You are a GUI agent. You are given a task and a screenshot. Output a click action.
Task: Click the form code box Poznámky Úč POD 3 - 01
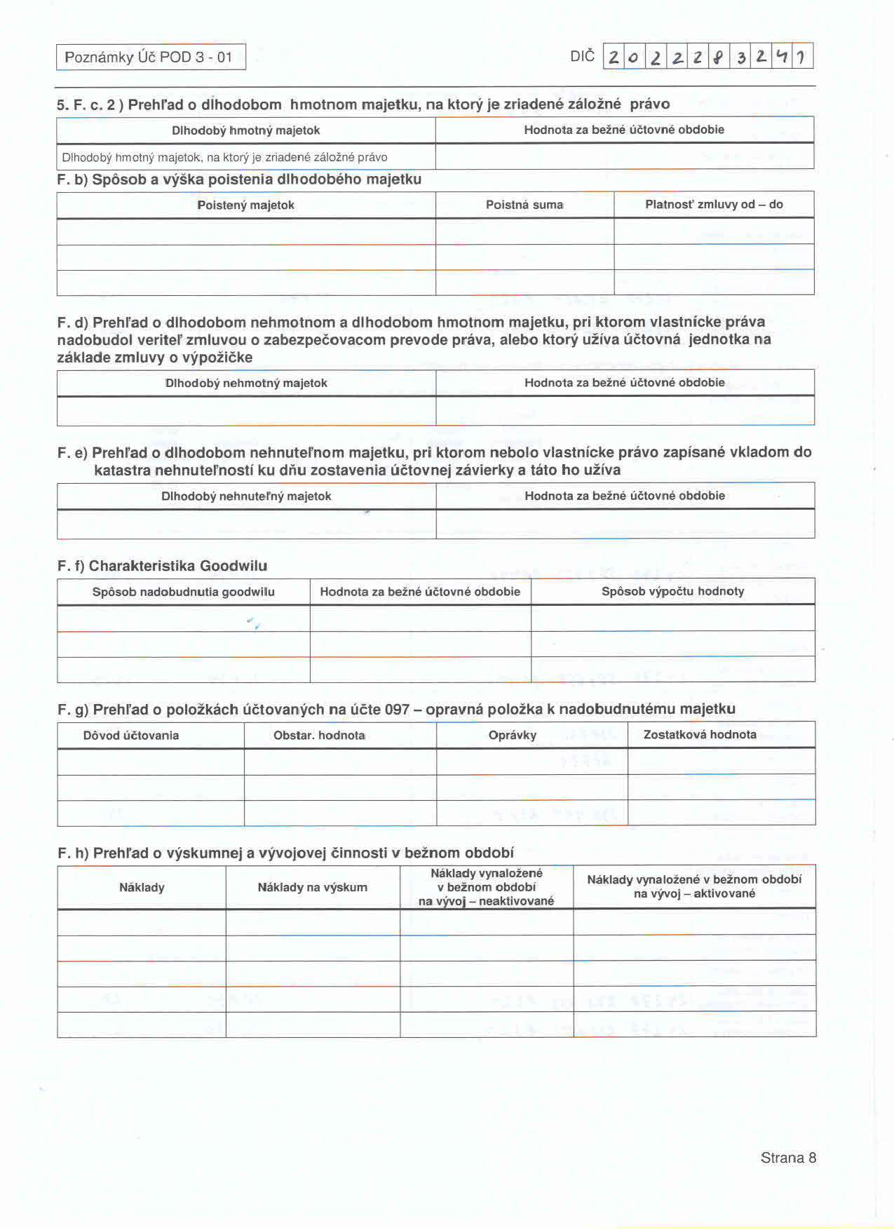[151, 57]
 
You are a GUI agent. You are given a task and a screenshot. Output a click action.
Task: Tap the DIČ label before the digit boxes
[582, 56]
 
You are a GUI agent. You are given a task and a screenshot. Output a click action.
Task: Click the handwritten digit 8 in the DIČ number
[717, 57]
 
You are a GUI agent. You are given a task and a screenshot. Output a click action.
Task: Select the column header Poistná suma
[524, 205]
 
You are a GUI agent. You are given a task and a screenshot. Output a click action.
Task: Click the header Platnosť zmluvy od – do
[714, 204]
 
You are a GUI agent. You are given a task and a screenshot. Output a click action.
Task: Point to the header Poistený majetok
[245, 205]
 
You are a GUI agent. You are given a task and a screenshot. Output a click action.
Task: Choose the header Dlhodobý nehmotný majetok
[246, 383]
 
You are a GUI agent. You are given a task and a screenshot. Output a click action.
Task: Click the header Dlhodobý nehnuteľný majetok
[246, 496]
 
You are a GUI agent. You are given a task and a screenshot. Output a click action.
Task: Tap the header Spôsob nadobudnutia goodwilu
[183, 592]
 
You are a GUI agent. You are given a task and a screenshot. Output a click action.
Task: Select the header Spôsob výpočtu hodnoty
[672, 591]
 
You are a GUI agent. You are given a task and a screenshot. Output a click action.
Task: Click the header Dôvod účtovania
[131, 735]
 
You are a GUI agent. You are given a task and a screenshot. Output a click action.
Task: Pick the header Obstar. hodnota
[319, 735]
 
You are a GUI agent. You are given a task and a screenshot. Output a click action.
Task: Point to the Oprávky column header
[513, 735]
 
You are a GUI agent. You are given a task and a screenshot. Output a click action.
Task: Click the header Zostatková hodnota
[700, 734]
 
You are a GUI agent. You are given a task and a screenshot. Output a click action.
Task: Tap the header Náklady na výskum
[312, 887]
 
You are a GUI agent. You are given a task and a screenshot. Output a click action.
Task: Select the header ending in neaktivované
[486, 887]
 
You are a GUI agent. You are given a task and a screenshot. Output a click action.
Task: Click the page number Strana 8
[788, 1158]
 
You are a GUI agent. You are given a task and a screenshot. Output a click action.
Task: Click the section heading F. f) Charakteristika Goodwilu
[162, 566]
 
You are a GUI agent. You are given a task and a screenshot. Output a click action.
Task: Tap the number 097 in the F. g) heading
[397, 709]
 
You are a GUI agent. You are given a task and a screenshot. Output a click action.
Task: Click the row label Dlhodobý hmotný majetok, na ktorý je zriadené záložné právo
[224, 157]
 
